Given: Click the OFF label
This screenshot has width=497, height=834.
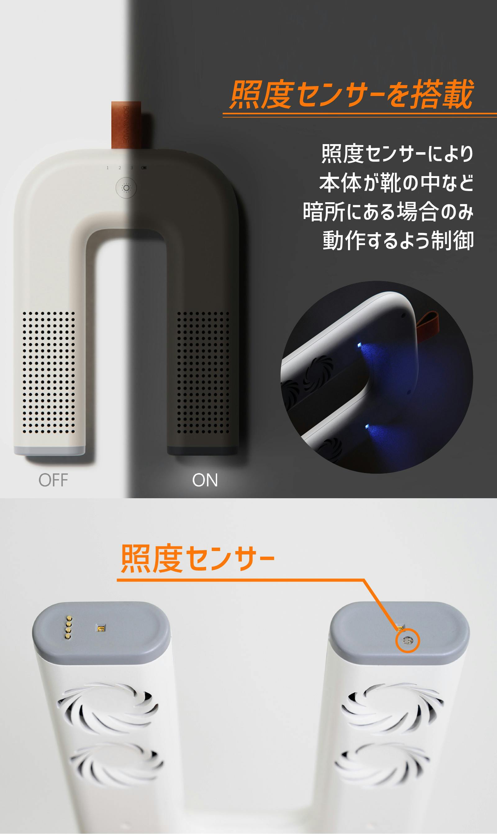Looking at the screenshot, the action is click(53, 480).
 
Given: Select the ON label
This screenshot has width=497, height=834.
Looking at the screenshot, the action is click(205, 480).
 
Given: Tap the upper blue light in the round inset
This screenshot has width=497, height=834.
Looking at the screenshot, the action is click(359, 345).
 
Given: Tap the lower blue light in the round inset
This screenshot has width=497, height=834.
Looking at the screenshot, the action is click(367, 426).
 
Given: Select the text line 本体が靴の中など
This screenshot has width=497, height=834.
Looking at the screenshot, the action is click(396, 183).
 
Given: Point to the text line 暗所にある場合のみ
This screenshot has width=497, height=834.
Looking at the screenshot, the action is click(388, 212).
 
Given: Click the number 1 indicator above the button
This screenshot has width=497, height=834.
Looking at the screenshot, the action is click(107, 168).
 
